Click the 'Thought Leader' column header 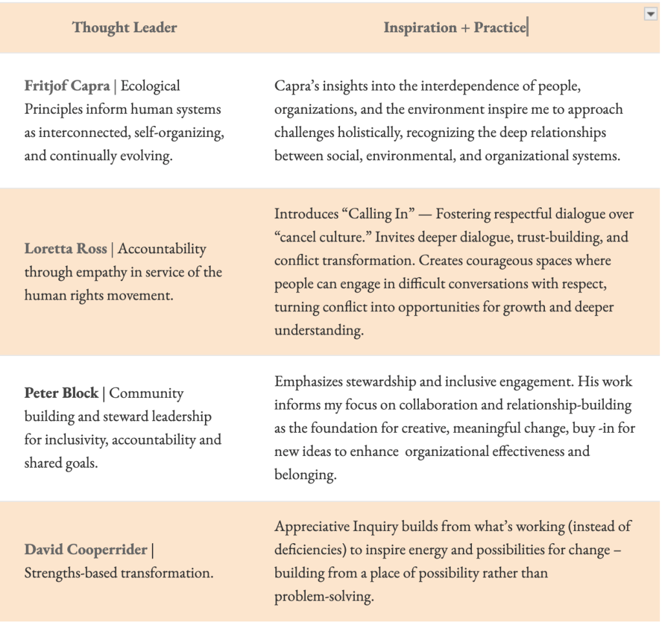(124, 28)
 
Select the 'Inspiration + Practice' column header (454, 28)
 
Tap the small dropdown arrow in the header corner (650, 15)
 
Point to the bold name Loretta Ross (66, 249)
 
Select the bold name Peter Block (61, 393)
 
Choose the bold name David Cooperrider (86, 550)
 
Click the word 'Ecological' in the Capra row (151, 86)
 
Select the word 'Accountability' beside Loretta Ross (162, 249)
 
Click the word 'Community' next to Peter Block (147, 393)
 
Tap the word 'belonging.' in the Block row (305, 475)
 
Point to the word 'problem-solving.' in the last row (324, 596)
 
